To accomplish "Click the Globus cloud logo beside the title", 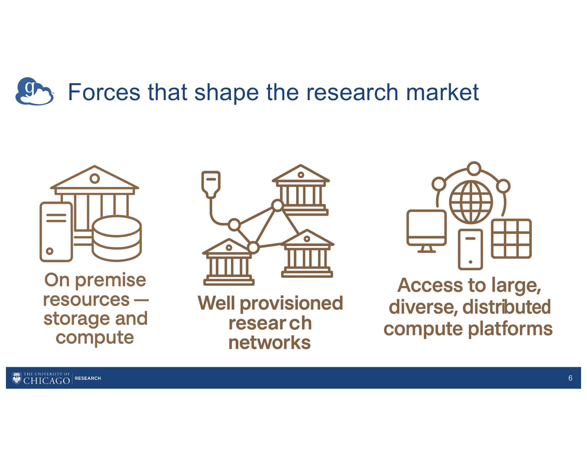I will coord(34,91).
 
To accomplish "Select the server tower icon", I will coord(56,232).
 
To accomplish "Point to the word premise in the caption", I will coord(110,280).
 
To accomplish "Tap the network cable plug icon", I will coord(211,184).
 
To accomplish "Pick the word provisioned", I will coord(291,304).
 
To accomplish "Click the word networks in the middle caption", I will coord(269,342).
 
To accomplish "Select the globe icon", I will coord(471,202).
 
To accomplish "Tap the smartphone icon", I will coord(470,249).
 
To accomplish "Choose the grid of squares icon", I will coord(511,238).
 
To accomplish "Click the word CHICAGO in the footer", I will coord(46,381).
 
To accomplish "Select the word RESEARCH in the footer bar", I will coord(88,378).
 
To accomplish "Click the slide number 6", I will coord(570,378).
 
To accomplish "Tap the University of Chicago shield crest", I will coord(17,378).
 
